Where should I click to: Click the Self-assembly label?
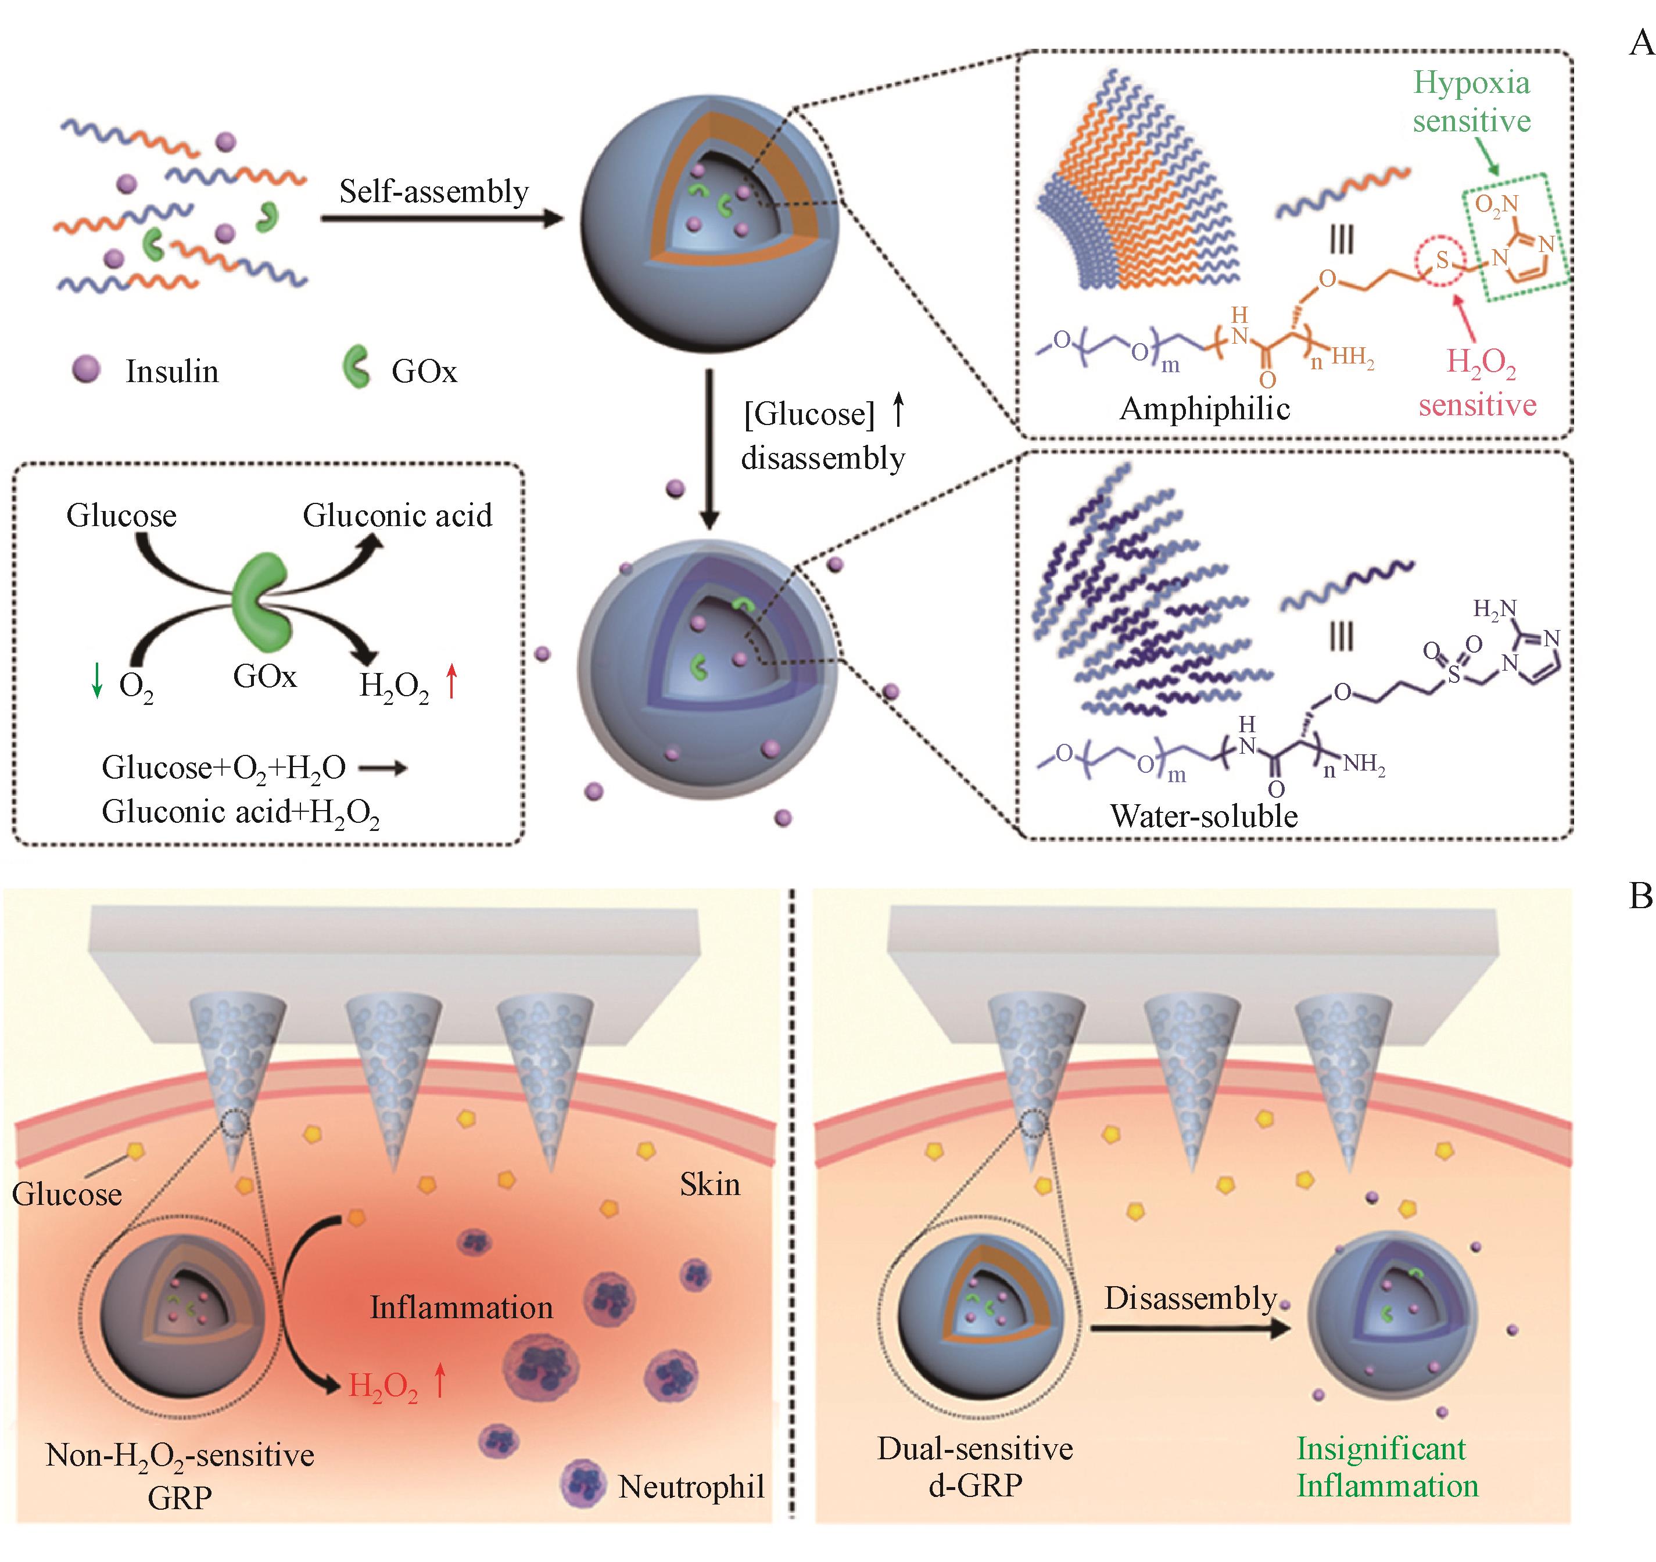coord(433,192)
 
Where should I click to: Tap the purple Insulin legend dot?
coord(87,369)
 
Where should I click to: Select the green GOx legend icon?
coord(357,369)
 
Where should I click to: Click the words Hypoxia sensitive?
coord(1471,102)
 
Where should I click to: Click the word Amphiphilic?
coord(1205,409)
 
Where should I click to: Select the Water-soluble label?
coord(1204,816)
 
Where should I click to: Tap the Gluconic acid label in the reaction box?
coord(397,516)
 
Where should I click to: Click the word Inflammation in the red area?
coord(461,1307)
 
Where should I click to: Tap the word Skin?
coord(709,1184)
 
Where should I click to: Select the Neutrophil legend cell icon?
coord(583,1483)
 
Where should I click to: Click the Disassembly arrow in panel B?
coord(1191,1330)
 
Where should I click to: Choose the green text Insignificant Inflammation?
coord(1387,1467)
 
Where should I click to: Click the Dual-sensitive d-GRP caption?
coord(974,1467)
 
